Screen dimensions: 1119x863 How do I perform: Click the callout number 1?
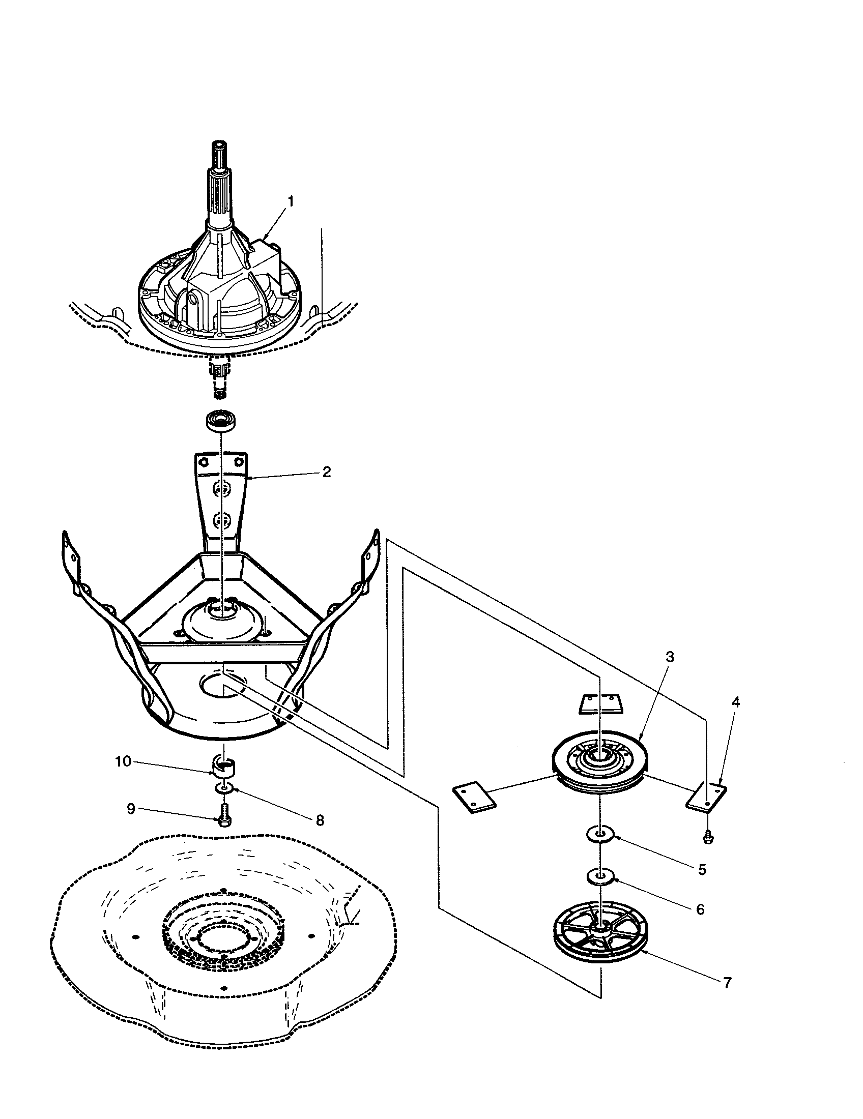point(291,201)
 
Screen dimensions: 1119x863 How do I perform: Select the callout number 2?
point(327,472)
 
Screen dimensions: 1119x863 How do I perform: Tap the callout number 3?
point(670,657)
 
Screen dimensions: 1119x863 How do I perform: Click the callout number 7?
point(727,983)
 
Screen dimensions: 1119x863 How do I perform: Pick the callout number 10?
point(123,762)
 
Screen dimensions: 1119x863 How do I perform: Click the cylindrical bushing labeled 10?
point(224,765)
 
